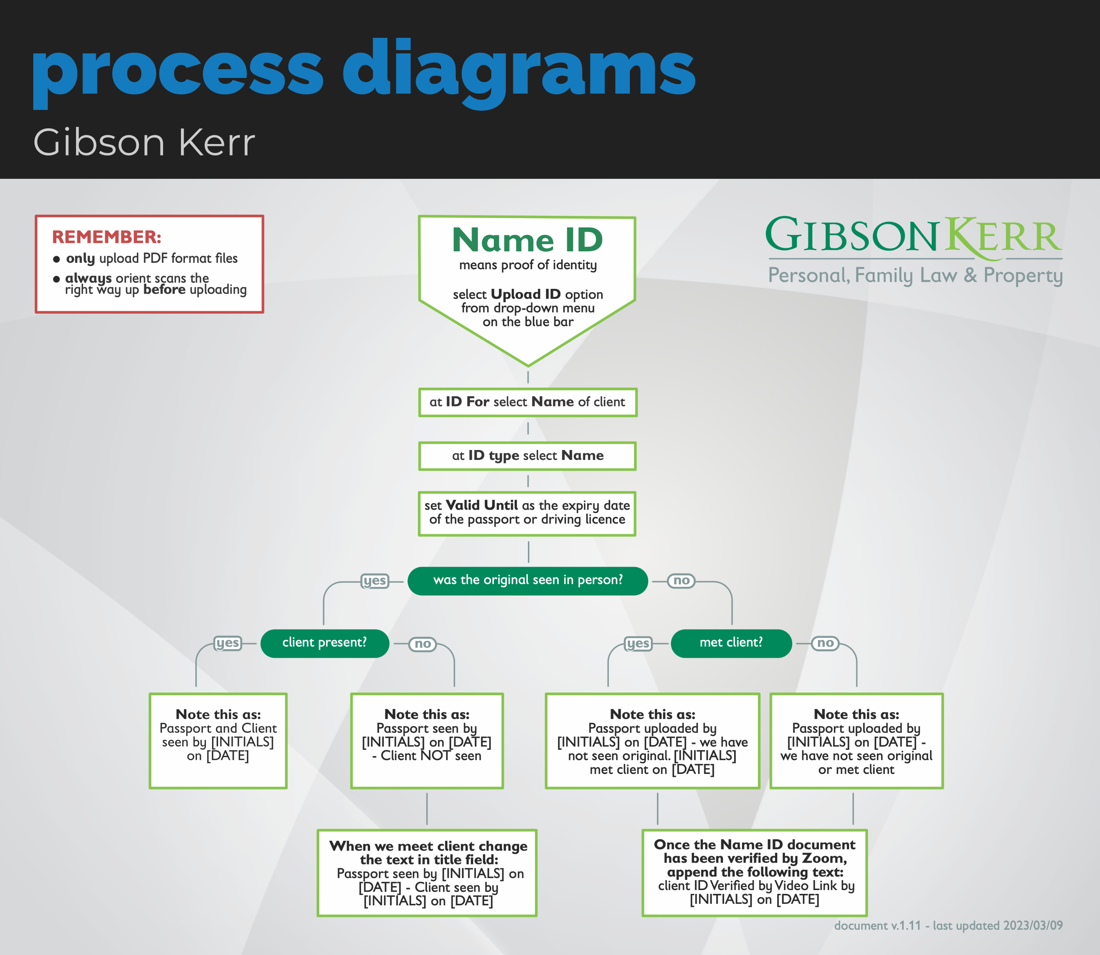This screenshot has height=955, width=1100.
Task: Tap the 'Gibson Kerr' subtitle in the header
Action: (144, 143)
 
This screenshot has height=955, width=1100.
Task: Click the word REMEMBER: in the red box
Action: (107, 236)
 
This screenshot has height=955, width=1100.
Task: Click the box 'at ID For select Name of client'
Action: (527, 402)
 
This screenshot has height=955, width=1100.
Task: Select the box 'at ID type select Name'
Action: (527, 456)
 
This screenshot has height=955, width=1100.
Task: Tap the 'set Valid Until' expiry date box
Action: (527, 513)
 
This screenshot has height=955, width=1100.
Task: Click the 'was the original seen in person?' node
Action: (527, 580)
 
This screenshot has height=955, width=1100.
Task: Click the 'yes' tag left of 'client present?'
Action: (228, 643)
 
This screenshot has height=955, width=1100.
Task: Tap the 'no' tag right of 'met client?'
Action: (825, 643)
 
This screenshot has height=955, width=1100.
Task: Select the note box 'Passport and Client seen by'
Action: (218, 740)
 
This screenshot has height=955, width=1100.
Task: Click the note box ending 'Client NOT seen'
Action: (427, 740)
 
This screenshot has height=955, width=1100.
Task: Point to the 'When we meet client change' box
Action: (427, 872)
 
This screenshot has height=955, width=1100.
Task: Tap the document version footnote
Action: (948, 926)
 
